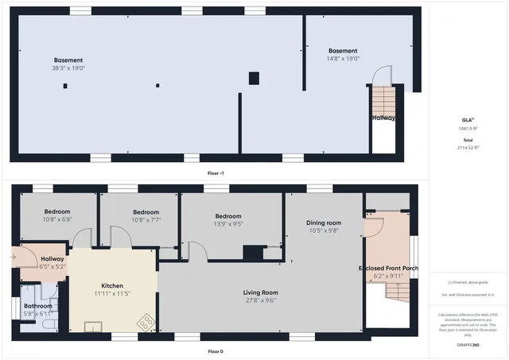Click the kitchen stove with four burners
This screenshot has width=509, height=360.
(x=146, y=322)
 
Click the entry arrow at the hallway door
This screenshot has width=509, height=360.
(x=14, y=257)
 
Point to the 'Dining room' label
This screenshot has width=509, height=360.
(x=324, y=223)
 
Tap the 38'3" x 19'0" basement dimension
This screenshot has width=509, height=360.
(x=68, y=68)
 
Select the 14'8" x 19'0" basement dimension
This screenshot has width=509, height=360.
(x=343, y=59)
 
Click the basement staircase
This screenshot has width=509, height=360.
(x=384, y=103)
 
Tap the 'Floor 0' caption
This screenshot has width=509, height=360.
(x=215, y=350)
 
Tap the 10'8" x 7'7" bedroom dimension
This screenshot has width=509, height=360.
(x=146, y=220)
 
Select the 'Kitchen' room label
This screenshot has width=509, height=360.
(x=112, y=286)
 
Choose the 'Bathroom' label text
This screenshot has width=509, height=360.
(x=37, y=306)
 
